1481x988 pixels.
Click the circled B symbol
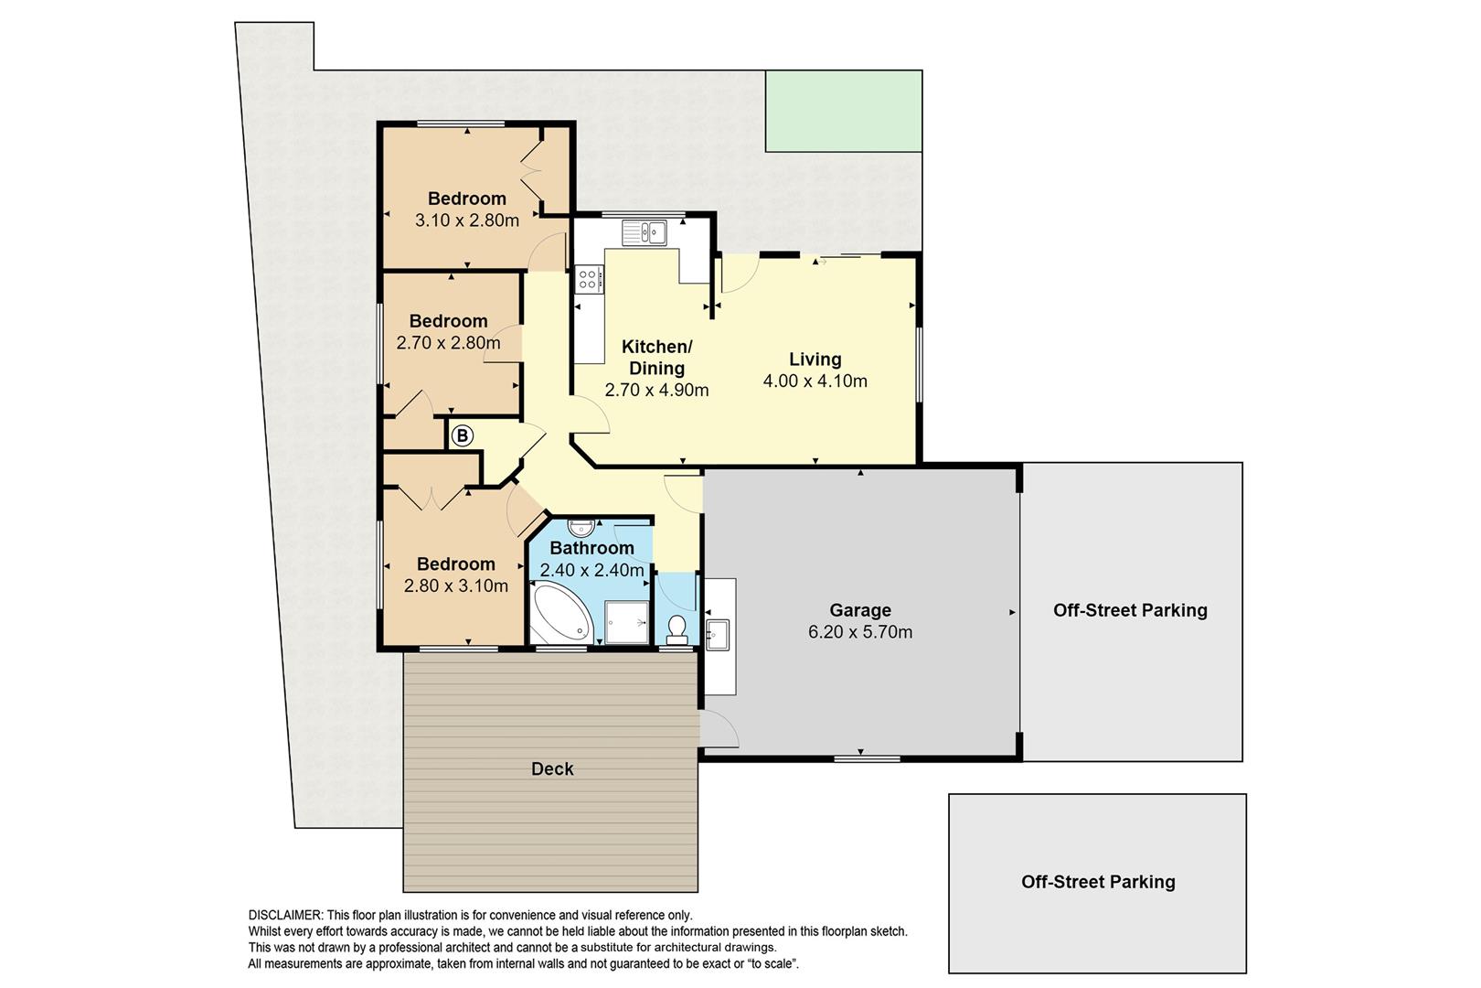pos(463,435)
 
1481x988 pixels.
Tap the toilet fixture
pos(677,629)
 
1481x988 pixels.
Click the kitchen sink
pos(644,233)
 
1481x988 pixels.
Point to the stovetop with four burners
pos(589,279)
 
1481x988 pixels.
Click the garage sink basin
pos(718,635)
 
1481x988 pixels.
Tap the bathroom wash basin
pos(581,528)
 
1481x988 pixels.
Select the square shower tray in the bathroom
pos(627,622)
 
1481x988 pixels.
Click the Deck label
pos(552,768)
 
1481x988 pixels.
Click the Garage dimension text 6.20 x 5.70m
pos(860,632)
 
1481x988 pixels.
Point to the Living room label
pos(815,360)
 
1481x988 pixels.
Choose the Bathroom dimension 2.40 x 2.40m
pos(591,570)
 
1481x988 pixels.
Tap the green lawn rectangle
pos(844,111)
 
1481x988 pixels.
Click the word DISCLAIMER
pos(285,915)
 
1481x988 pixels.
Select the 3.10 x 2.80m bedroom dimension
pos(467,220)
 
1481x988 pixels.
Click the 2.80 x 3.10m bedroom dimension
pos(456,585)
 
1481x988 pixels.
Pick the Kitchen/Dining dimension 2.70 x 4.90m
pos(656,390)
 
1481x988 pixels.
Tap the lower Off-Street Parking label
pos(1098,882)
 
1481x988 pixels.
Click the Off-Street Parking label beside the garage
pos(1130,610)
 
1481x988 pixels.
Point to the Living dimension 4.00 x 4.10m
pos(815,381)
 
